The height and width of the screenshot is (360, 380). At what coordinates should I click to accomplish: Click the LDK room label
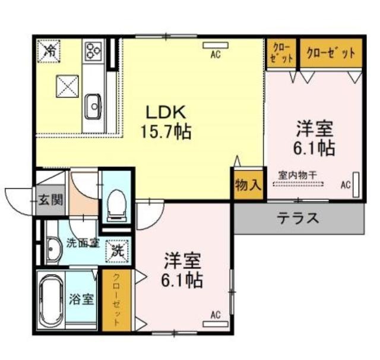[x=166, y=112]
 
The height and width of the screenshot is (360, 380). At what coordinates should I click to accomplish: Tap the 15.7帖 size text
[x=166, y=131]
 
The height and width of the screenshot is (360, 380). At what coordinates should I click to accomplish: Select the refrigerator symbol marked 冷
[x=49, y=51]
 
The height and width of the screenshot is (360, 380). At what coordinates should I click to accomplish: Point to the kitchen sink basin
[x=93, y=106]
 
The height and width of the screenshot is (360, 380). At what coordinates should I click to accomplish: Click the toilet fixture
[x=116, y=206]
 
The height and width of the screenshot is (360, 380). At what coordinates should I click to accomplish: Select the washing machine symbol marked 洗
[x=118, y=251]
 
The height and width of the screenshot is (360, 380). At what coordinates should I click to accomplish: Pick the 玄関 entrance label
[x=50, y=200]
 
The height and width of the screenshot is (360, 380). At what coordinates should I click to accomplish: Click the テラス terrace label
[x=298, y=218]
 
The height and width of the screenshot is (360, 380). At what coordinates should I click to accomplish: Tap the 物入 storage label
[x=248, y=186]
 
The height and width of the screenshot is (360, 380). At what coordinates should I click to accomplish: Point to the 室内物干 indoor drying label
[x=297, y=175]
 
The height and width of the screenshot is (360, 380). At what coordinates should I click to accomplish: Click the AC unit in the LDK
[x=216, y=45]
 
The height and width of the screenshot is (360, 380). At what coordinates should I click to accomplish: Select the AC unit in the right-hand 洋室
[x=356, y=185]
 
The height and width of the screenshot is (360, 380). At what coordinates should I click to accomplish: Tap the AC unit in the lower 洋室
[x=216, y=324]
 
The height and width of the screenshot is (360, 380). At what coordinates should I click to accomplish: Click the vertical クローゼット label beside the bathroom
[x=116, y=300]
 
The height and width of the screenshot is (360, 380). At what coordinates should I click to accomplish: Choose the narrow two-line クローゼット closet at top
[x=281, y=53]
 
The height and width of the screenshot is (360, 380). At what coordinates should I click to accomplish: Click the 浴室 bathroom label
[x=81, y=299]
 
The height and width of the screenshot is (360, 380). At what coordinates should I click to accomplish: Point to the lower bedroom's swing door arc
[x=155, y=223]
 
